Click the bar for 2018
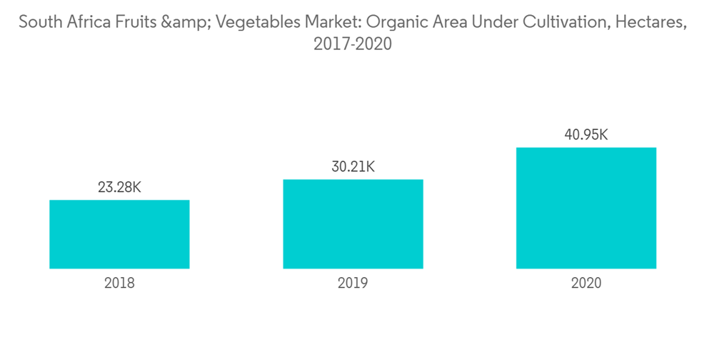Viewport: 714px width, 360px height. [x=119, y=234]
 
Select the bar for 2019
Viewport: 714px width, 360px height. [x=353, y=224]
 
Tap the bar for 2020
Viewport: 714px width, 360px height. [x=586, y=208]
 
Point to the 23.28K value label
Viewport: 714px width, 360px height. [x=119, y=188]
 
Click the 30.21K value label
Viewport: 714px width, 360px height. [x=353, y=167]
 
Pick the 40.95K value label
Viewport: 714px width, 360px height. [x=586, y=135]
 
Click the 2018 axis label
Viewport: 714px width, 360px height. [x=119, y=283]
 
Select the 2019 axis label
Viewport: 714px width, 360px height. [x=353, y=283]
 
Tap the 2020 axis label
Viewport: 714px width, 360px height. [x=586, y=283]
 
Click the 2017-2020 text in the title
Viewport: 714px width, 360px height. [x=353, y=45]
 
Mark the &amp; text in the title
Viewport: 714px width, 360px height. [x=186, y=22]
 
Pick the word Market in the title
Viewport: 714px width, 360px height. [x=326, y=22]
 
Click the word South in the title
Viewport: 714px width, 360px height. [x=40, y=22]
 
